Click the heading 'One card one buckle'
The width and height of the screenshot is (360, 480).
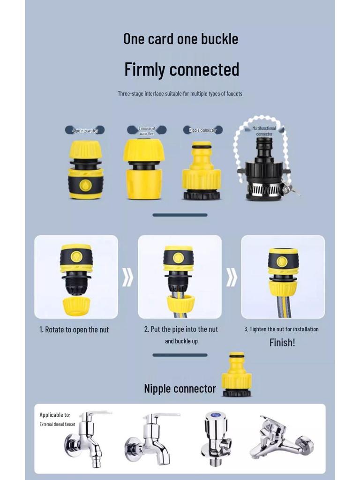pos(180,39)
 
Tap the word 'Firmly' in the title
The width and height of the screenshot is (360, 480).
pos(145,69)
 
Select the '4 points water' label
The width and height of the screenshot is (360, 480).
pos(85,131)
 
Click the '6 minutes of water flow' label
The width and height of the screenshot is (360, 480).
pos(147,131)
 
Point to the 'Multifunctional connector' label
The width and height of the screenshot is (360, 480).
pos(264,131)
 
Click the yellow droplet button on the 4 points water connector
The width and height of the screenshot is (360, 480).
pos(85,185)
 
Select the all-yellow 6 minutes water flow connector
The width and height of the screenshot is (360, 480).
pos(144,169)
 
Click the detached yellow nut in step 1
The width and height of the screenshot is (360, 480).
pos(76,306)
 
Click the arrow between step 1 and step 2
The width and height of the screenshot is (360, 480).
pos(128,277)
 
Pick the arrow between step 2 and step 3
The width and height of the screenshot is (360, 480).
pos(232,277)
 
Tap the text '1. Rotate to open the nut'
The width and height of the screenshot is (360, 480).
pos(74,330)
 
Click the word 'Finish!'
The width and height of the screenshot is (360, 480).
pos(282,343)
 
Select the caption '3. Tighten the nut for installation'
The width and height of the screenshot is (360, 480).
pos(281,329)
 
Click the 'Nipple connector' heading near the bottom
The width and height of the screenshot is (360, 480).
pos(180,389)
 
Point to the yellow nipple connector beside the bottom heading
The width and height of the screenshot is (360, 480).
pos(237,375)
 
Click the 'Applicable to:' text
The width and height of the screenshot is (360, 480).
pos(55,415)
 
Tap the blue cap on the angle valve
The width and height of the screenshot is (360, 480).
pos(217,415)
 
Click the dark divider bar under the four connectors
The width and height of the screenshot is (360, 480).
pos(180,215)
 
